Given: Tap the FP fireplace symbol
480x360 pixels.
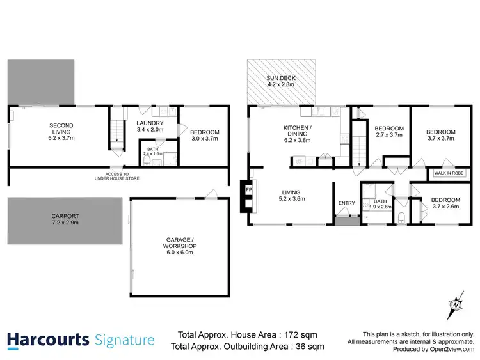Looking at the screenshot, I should point(248,190).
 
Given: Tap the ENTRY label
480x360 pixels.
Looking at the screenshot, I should point(346,203).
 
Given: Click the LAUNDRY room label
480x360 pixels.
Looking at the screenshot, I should point(150,123).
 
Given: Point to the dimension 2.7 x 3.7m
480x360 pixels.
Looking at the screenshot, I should point(388,135).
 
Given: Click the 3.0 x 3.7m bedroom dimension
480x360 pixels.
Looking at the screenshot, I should point(205,137).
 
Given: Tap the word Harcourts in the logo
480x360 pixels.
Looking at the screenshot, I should point(47,339).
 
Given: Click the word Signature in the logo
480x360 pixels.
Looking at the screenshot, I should point(124,339).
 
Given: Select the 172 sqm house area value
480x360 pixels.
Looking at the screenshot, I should point(304,334).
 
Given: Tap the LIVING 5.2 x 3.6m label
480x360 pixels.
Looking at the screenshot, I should point(291,195).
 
